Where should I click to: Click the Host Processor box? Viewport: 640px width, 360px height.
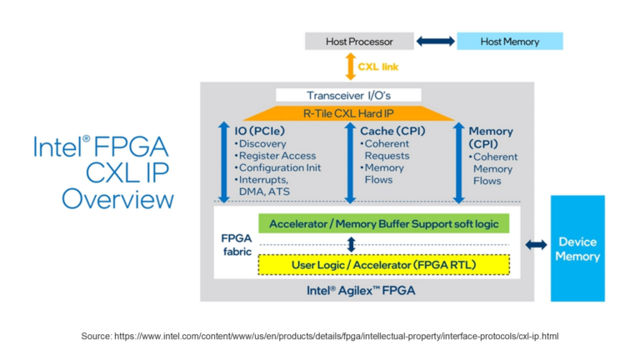[x=359, y=41]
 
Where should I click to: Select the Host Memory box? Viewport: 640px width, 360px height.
[x=509, y=41]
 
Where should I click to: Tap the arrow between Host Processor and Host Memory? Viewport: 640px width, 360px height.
[x=436, y=41]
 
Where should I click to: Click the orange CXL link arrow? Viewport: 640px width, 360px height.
[x=350, y=66]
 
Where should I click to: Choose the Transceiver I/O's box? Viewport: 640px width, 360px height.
[x=348, y=95]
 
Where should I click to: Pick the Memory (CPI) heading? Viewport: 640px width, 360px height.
[x=491, y=137]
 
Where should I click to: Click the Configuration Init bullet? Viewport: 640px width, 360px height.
[x=277, y=167]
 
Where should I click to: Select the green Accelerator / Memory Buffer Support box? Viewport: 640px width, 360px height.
[x=383, y=224]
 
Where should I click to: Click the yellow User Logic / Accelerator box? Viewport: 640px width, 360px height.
[x=383, y=265]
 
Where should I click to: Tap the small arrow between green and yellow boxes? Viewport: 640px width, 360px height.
[x=351, y=244]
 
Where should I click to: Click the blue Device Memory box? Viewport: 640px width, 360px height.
[x=578, y=248]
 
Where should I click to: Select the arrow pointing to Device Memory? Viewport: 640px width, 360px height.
[x=537, y=244]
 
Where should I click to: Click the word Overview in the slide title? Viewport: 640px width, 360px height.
[x=117, y=199]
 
